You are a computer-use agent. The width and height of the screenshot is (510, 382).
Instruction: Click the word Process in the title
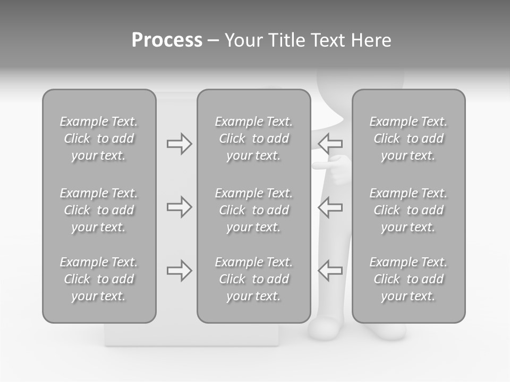[167, 40]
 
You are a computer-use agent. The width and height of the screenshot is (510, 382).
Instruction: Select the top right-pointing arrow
[179, 144]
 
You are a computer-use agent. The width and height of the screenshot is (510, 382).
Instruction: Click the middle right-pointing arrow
[179, 207]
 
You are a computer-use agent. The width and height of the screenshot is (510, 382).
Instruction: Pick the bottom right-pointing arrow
[179, 271]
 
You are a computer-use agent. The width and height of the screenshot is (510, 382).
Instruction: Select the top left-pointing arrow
[330, 144]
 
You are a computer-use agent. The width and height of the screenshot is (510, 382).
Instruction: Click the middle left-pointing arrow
[330, 207]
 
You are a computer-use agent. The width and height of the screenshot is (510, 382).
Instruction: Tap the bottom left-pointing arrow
[330, 271]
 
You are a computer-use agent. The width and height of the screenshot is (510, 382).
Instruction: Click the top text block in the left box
[99, 138]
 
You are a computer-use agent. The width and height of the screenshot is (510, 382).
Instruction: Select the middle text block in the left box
[99, 210]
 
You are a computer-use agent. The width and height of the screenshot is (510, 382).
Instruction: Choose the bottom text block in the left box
[99, 279]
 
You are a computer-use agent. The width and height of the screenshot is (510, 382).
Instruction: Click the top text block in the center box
[254, 138]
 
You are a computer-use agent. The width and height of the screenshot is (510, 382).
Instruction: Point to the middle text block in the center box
[254, 210]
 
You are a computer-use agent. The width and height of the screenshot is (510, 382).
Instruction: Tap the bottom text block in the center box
[254, 279]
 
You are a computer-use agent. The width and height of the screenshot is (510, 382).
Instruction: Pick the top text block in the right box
[409, 138]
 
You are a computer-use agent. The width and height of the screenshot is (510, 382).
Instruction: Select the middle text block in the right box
[409, 210]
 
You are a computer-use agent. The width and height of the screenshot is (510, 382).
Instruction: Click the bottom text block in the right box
[409, 279]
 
